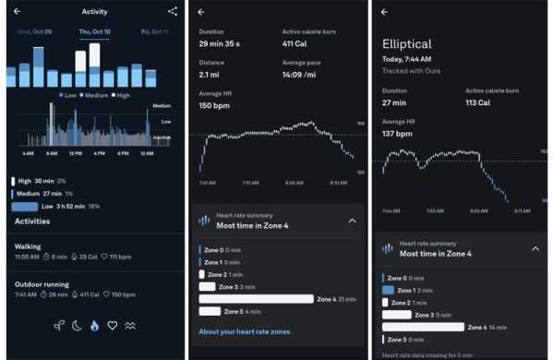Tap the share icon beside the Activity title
pos(173,11)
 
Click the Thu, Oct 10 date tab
pos(94,31)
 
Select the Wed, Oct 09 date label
pos(35,31)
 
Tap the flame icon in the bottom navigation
pos(93,325)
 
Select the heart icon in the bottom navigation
pos(113,325)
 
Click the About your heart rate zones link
pos(243,332)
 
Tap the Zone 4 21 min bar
pos(256,299)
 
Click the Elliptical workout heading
pos(409,43)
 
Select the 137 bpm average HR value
pos(399,134)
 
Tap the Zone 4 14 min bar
pos(423,327)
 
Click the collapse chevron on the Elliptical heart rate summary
pos(535,248)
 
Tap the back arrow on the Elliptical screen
pos(384,12)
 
